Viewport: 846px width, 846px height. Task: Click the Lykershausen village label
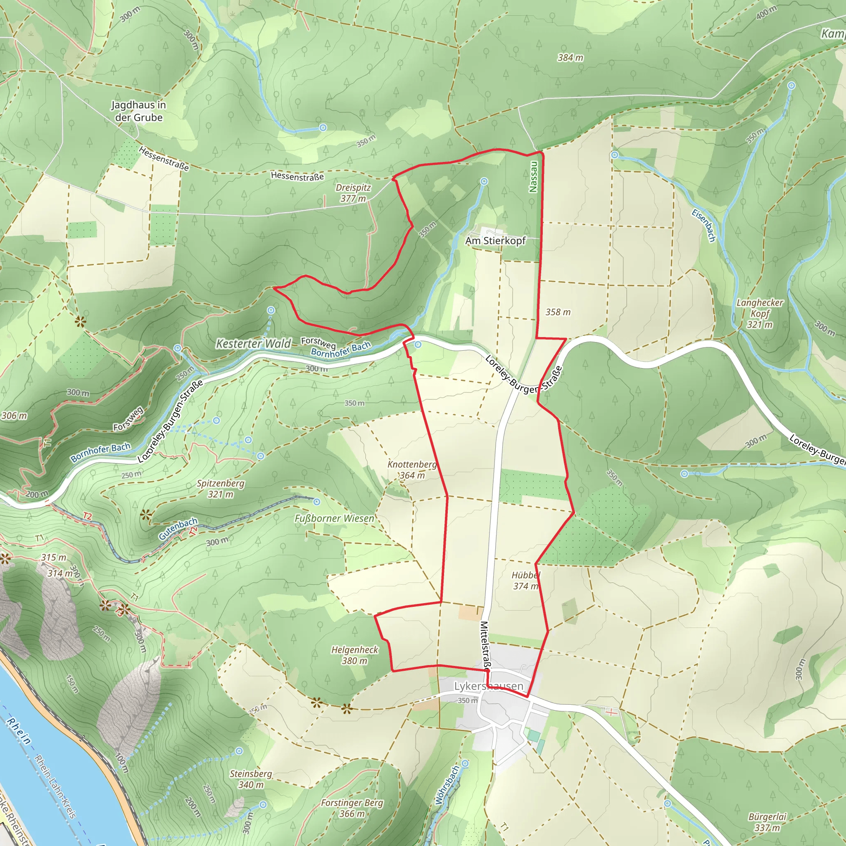(x=488, y=686)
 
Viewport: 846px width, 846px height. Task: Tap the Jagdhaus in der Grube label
(x=139, y=111)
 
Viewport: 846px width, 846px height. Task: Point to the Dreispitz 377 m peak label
(x=353, y=193)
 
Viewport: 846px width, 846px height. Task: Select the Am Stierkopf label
(x=495, y=240)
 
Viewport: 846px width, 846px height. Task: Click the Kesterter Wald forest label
(x=254, y=344)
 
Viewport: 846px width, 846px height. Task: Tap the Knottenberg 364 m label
(x=411, y=470)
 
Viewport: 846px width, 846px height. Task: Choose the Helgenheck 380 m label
(x=354, y=655)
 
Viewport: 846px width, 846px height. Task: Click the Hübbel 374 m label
(x=525, y=581)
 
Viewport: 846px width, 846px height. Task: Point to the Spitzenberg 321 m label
(x=220, y=489)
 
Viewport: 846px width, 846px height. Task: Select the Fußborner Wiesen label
(x=334, y=518)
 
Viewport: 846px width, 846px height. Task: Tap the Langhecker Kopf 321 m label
(x=760, y=314)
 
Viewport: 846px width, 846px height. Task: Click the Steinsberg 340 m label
(x=251, y=779)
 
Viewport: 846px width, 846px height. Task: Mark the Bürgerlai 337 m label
(x=767, y=822)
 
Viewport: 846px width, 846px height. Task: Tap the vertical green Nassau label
(x=533, y=177)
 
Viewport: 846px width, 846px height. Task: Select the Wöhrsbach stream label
(x=447, y=785)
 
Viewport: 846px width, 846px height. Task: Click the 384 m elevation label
(x=570, y=57)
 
